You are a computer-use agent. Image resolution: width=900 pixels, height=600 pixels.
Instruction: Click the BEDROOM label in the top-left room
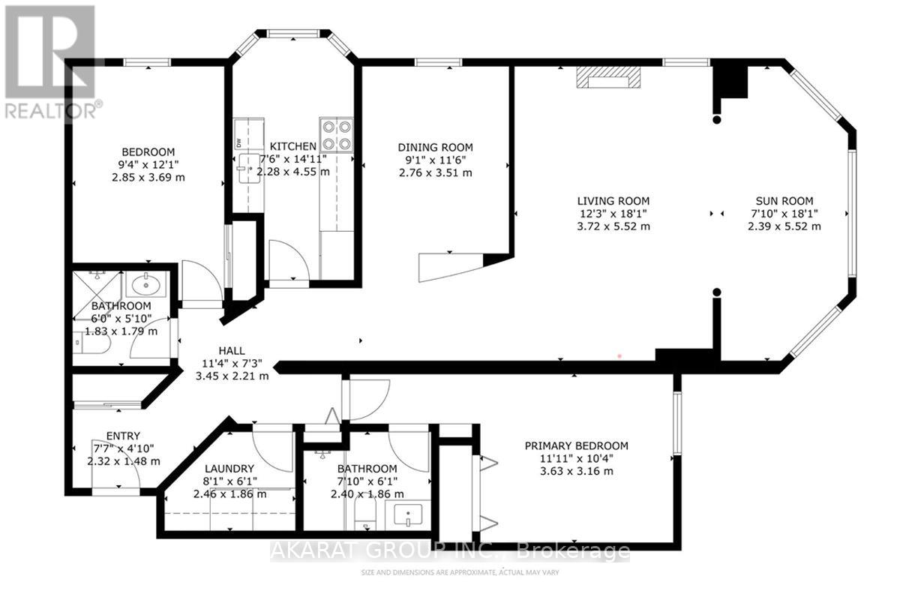[x=148, y=152]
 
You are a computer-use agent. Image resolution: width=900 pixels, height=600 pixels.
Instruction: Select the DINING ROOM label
[x=435, y=148]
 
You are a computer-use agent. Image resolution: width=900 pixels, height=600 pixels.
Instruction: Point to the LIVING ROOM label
[x=613, y=201]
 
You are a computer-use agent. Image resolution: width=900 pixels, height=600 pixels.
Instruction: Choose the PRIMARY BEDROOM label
[x=576, y=445]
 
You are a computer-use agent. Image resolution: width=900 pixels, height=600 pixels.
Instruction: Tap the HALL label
[x=232, y=350]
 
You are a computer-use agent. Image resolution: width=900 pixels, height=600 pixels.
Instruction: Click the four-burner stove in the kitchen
[x=336, y=134]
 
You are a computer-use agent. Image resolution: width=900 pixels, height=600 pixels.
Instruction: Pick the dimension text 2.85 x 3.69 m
[x=148, y=178]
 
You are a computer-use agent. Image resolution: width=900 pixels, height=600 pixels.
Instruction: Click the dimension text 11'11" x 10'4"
[x=576, y=458]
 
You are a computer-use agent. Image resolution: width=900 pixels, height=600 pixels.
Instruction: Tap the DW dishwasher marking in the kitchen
[x=239, y=142]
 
